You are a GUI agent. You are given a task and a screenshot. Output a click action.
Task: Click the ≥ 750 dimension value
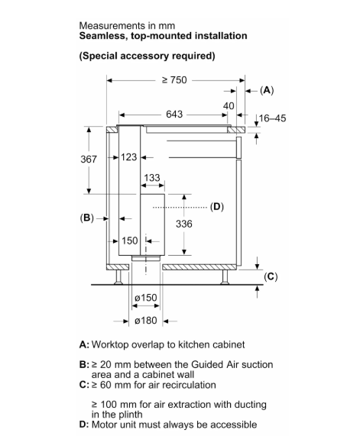pos(174,80)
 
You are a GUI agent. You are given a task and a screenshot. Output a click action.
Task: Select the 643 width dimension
pos(174,115)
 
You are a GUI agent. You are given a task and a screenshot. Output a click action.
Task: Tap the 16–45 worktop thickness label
pos(272,118)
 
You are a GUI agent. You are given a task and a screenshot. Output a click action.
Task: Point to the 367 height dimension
pos(89,160)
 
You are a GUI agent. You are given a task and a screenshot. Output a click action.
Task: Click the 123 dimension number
pos(129,157)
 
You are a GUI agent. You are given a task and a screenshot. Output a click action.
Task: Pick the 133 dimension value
pos(152,178)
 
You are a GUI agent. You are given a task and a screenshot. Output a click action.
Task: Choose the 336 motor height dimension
pos(184,224)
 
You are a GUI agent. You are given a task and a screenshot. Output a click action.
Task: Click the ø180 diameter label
pos(146,321)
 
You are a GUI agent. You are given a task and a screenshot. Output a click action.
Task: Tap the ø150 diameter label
pos(146,298)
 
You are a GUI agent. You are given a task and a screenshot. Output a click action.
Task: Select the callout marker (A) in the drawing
pos(267,90)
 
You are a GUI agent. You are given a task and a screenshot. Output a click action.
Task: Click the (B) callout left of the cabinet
pos(87,218)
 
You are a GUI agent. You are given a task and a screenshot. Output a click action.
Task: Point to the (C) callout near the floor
pos(271,276)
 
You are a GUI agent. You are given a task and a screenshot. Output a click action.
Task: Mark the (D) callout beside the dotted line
pos(217,207)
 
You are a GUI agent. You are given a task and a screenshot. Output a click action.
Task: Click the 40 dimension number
pos(229,106)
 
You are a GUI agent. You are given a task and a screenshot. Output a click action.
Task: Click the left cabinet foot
pos(118,277)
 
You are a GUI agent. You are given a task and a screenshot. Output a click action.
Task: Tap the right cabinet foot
pos(225,277)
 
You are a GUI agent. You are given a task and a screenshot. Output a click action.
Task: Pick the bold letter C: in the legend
pos(84,385)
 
